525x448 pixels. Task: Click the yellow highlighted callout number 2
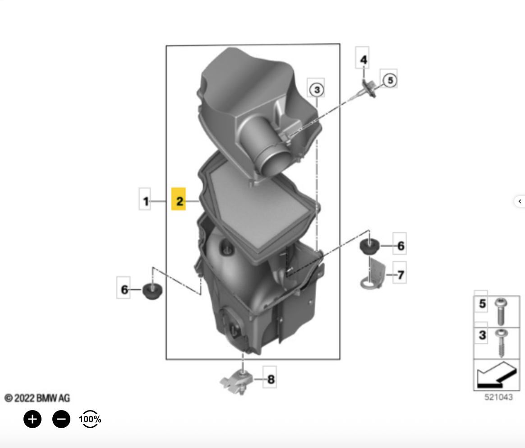[x=179, y=199]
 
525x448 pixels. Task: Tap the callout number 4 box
[x=362, y=58]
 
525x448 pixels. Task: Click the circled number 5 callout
[x=390, y=80]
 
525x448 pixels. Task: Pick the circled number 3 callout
[x=317, y=89]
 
